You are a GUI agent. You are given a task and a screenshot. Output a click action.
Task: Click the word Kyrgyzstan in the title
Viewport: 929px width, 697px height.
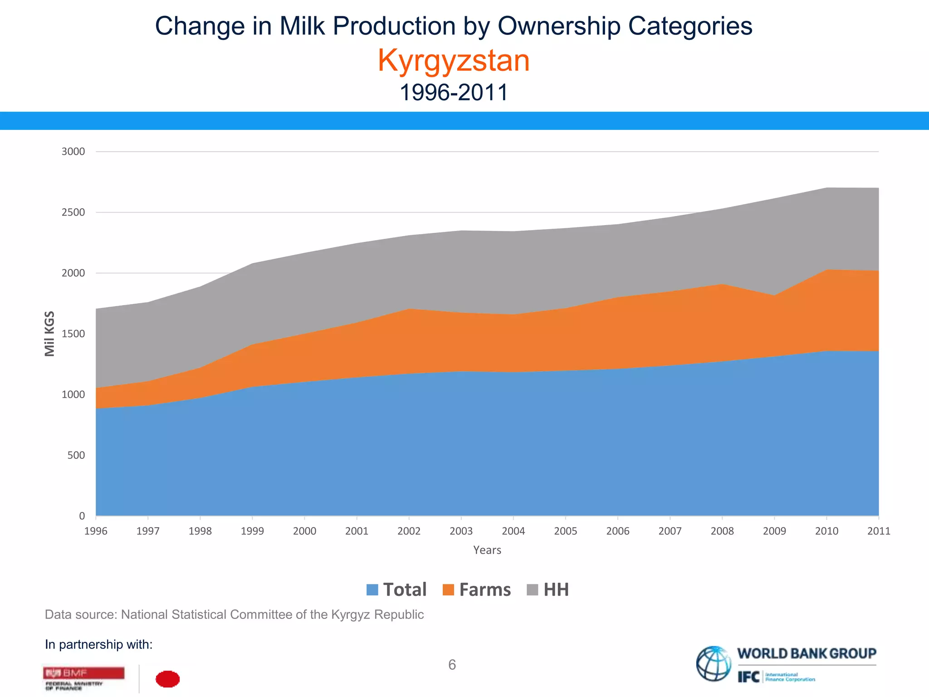point(454,60)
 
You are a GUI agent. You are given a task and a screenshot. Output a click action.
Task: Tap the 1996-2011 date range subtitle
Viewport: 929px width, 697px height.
point(454,93)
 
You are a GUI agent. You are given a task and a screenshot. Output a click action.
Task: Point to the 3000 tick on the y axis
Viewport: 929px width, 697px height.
point(73,152)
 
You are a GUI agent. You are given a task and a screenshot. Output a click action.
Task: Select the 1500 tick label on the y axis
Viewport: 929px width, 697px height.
point(73,334)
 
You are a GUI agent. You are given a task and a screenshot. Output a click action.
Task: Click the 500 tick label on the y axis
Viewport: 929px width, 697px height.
point(76,456)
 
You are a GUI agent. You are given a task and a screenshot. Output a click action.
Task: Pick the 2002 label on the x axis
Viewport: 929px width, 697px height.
point(409,531)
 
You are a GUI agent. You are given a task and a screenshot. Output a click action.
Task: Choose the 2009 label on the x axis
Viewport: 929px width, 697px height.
point(774,531)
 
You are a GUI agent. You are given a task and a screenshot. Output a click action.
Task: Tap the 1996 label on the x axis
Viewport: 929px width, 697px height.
point(96,531)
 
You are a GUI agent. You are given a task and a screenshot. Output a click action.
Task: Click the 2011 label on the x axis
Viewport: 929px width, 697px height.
point(879,531)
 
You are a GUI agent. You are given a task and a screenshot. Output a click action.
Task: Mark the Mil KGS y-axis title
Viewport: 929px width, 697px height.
point(49,334)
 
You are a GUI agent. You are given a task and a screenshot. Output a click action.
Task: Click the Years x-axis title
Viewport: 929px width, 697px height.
point(487,550)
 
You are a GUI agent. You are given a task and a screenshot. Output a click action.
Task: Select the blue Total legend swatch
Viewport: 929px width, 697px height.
point(372,590)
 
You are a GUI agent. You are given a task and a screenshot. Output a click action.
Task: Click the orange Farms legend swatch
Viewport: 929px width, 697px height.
point(448,590)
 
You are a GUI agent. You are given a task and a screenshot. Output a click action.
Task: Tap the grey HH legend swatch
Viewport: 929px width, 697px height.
point(533,590)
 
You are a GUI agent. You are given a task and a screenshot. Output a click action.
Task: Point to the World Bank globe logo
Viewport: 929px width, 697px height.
point(714,664)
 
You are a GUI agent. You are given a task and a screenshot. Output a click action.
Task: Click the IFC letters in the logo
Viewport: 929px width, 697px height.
point(748,677)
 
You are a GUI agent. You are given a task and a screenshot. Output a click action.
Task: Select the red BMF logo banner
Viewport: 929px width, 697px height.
point(84,673)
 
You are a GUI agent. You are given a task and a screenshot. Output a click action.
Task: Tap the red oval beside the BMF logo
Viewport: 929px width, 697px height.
point(168,679)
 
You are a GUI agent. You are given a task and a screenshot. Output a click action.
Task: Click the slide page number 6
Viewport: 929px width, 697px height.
point(452,665)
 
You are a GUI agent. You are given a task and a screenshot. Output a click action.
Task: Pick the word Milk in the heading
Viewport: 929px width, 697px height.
point(302,26)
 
